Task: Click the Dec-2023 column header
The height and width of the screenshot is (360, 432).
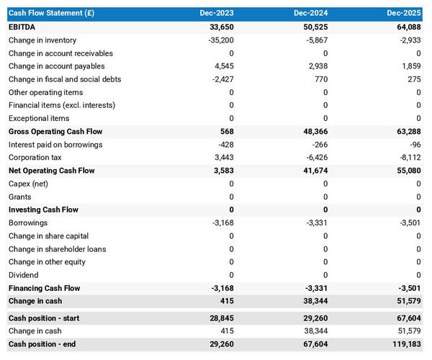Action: click(x=217, y=14)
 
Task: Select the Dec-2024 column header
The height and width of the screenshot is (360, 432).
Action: click(x=311, y=14)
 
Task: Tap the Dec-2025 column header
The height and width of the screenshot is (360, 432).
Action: click(x=404, y=14)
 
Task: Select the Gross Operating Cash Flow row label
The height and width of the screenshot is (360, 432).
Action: click(x=55, y=132)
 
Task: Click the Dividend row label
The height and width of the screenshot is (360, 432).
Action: click(x=24, y=275)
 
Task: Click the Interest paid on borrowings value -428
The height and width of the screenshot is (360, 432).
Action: click(x=225, y=145)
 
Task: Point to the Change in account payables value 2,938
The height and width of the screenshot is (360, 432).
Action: click(x=318, y=66)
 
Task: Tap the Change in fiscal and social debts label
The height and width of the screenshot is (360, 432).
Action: click(x=65, y=79)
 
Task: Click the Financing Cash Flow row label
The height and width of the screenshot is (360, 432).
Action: click(x=45, y=288)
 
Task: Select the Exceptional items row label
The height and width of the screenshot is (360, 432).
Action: click(x=39, y=118)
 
